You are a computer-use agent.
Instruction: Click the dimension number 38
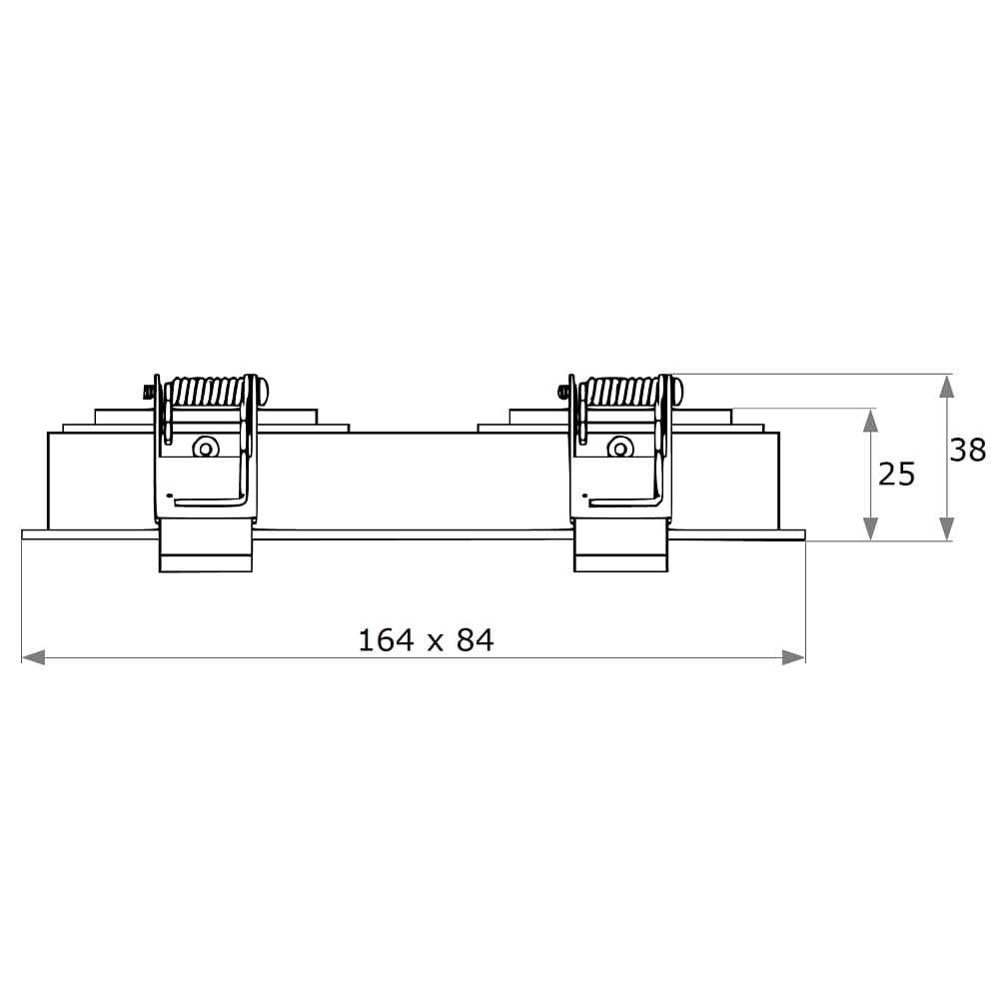(x=967, y=450)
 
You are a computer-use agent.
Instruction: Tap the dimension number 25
(x=896, y=474)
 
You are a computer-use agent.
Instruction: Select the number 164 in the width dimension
(x=386, y=640)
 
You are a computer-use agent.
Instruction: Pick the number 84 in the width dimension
(x=475, y=640)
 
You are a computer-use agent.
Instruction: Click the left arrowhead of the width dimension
(x=33, y=657)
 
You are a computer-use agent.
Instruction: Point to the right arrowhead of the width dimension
(x=794, y=657)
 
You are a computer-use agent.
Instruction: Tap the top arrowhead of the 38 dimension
(x=947, y=386)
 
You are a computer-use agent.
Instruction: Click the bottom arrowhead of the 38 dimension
(x=947, y=528)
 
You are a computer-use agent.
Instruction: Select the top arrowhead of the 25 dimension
(x=870, y=421)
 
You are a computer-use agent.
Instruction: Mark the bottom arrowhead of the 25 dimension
(x=870, y=528)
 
